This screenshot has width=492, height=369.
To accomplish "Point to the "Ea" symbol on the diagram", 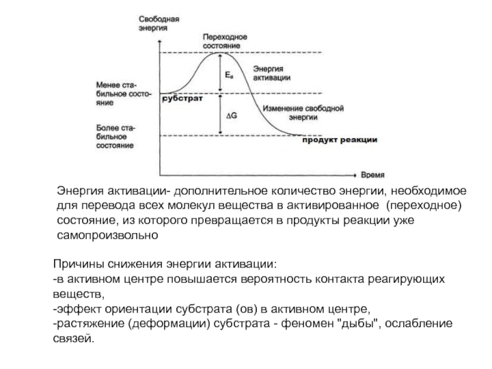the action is click(x=229, y=74).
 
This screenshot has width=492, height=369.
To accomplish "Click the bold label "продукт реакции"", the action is click(x=339, y=140).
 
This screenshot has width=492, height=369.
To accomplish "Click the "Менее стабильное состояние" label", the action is click(x=119, y=94).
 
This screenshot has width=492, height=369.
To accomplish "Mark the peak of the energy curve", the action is click(x=219, y=54).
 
